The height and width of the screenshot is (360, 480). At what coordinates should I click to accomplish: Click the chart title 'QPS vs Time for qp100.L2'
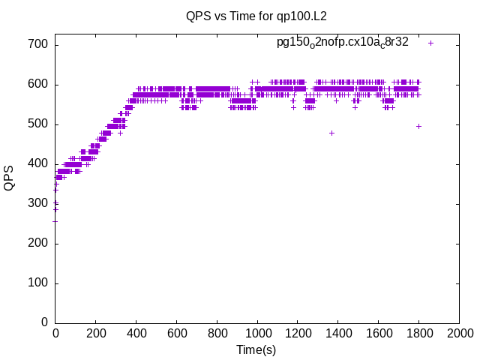point(256,16)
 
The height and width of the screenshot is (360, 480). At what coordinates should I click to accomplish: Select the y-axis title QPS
point(9,178)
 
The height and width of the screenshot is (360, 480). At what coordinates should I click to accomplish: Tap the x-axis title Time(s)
point(256,349)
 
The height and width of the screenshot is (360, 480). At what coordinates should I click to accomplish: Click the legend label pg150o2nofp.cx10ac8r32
point(343,43)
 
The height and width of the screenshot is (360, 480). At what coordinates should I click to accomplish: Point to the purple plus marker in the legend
point(430,43)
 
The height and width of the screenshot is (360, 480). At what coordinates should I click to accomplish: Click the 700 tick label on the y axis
point(38,45)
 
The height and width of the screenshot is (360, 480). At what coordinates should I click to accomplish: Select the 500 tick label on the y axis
point(38,124)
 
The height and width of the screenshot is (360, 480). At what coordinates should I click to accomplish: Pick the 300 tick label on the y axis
point(38,203)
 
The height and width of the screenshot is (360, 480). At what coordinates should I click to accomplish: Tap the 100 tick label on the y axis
point(38,283)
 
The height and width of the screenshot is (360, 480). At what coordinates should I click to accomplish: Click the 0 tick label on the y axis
point(45,322)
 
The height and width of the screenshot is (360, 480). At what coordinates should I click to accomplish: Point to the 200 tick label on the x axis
point(96,333)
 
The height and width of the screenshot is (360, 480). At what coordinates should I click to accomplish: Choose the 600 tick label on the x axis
point(177,333)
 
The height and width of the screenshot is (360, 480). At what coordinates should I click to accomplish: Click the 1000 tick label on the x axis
point(258,333)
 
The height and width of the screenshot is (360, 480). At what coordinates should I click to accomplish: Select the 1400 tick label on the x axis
point(338,333)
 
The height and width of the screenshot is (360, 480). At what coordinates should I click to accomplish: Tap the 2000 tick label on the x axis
point(460,333)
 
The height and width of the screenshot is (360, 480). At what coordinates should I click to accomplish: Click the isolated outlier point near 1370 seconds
point(331,133)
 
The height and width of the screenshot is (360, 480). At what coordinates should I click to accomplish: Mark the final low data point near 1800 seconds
point(418,127)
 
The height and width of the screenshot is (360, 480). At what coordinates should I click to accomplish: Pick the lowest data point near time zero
point(55,221)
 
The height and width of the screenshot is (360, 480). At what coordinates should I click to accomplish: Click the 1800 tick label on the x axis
point(419,333)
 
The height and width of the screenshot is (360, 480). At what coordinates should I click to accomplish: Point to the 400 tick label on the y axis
point(38,164)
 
